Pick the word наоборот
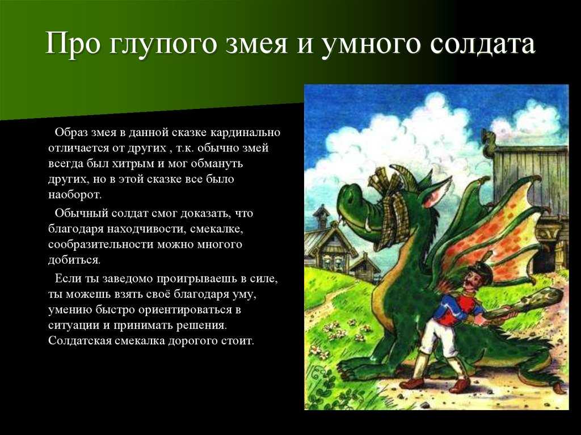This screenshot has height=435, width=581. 74,195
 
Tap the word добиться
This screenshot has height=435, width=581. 74,260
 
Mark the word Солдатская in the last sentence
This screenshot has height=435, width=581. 79,340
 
